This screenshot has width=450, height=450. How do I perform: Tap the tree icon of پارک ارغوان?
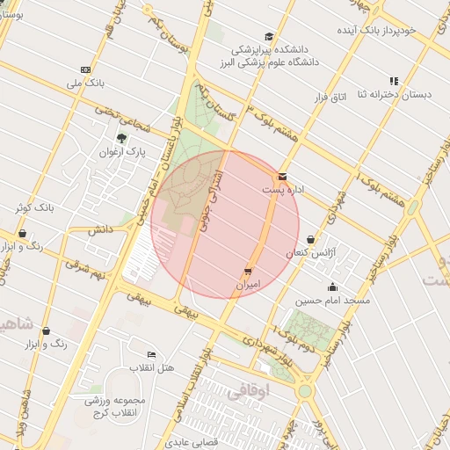coord(121,138)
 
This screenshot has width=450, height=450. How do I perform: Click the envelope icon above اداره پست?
coord(281,177)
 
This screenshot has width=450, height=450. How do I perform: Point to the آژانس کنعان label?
coord(310,253)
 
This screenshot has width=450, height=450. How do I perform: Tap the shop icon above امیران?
coord(249,272)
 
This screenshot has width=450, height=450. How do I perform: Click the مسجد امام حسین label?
coord(333,301)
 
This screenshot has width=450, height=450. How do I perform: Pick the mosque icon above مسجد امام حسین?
coord(332,287)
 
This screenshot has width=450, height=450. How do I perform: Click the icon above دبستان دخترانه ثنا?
coord(394,81)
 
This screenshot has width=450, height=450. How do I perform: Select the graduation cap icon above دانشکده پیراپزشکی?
coord(268,36)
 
